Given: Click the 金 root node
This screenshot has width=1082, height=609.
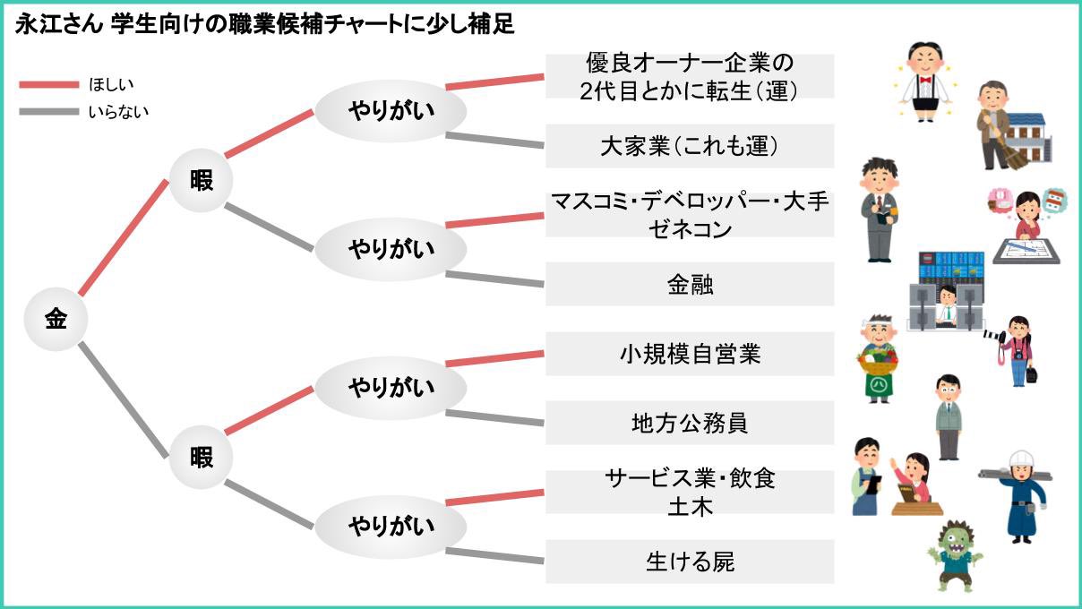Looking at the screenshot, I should coord(56,319).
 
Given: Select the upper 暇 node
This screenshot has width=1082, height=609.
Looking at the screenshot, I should coord(202,180).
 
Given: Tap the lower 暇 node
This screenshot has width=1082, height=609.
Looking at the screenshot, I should coord(202,457).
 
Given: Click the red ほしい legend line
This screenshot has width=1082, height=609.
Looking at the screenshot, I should coord(48,84).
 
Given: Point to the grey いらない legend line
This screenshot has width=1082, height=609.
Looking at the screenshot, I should coord(48,112).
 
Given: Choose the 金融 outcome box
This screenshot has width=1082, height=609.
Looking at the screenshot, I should coord(690,284).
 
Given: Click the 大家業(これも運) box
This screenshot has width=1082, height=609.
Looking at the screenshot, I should coord(690,146).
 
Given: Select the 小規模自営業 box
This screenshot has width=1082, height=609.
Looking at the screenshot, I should coord(690,354).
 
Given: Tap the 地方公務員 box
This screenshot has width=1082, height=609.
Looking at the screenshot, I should coord(690,423).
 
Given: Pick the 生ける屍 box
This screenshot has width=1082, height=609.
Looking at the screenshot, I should coord(690,562).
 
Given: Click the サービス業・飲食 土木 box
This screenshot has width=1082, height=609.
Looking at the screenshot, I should coord(690,492).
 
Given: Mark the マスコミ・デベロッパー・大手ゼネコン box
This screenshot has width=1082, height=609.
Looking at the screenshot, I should coord(690,215).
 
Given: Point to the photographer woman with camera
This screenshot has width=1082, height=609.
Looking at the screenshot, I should coord(1018,349).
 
